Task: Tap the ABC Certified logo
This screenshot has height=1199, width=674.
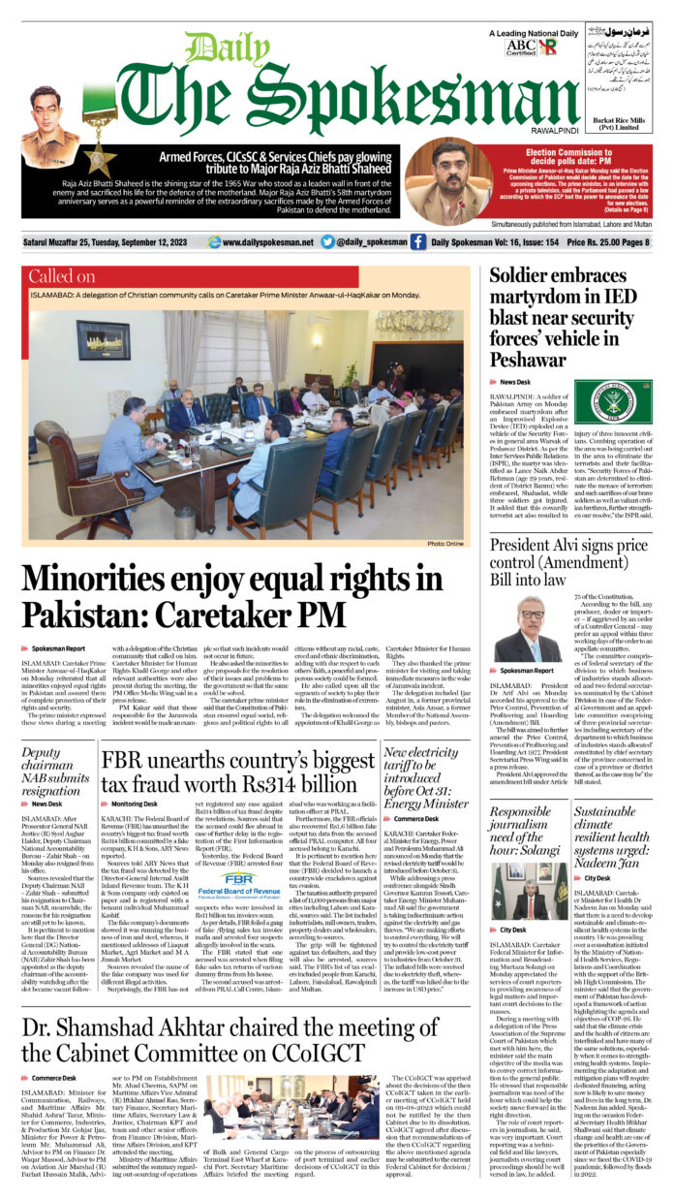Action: pyautogui.click(x=519, y=47)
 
